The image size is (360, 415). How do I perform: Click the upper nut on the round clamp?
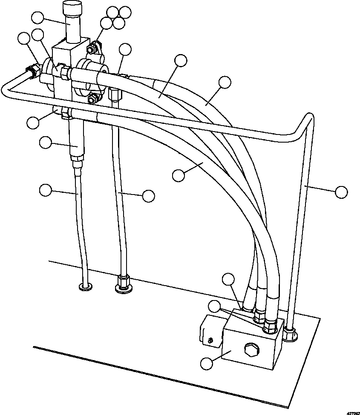pos(91,50)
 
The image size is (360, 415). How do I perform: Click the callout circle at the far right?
pos(341,192)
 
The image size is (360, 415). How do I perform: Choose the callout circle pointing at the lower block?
pos(207,363)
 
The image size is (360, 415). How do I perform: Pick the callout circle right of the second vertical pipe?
pos(148,196)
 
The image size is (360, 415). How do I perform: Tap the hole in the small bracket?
pos(209,339)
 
